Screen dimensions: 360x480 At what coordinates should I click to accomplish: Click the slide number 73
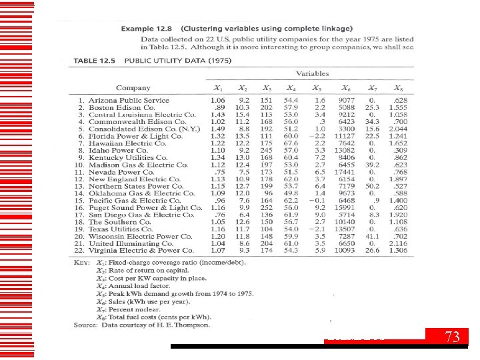[x=453, y=337]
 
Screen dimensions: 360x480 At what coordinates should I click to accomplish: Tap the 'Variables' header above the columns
[x=312, y=73]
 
